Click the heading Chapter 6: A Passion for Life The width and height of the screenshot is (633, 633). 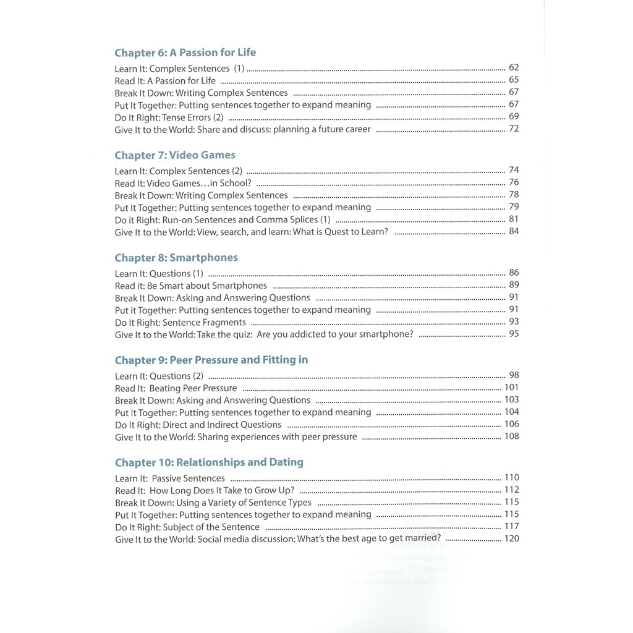pos(185,53)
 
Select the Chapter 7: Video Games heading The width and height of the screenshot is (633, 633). pos(175,155)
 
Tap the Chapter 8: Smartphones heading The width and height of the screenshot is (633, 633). pos(176,258)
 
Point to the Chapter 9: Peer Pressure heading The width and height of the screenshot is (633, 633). pos(211,360)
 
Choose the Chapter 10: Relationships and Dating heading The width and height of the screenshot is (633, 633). pos(209,462)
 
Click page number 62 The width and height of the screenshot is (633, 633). pos(514,68)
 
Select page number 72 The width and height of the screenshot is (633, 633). pos(514,129)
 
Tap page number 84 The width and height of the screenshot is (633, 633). pos(514,232)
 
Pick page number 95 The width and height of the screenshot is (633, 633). pos(514,334)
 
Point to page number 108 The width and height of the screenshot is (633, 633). pos(512,436)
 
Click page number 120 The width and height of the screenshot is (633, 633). pos(512,539)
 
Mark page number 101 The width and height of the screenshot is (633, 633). pos(512,388)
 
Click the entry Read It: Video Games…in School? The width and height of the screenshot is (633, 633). pos(183,183)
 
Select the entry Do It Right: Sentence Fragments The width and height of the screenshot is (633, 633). pos(181,322)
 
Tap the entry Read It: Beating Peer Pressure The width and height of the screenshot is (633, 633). pos(176,388)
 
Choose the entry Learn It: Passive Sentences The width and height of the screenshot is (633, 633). pos(170,478)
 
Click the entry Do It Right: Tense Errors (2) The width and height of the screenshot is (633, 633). pos(169,117)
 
